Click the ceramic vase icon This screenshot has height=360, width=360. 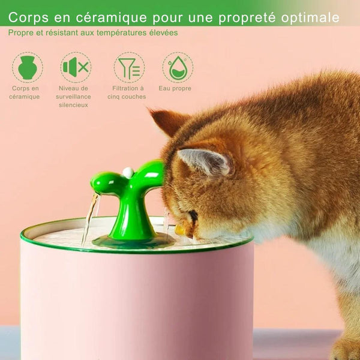pyautogui.click(x=27, y=67)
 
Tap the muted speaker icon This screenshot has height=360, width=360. pyautogui.click(x=76, y=67)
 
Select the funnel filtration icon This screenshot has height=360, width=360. pyautogui.click(x=129, y=67)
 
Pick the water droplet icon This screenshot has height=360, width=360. pyautogui.click(x=178, y=67)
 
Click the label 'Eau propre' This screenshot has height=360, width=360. pyautogui.click(x=175, y=88)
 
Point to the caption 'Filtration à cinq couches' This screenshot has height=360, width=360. pyautogui.click(x=127, y=92)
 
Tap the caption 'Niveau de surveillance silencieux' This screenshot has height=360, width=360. pyautogui.click(x=73, y=97)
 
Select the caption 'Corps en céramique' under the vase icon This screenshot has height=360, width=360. pyautogui.click(x=25, y=92)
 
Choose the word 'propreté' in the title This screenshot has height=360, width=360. pyautogui.click(x=230, y=17)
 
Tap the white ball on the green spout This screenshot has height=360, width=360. pyautogui.click(x=127, y=173)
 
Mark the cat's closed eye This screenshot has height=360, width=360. pyautogui.click(x=193, y=215)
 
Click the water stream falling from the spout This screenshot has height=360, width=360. pyautogui.click(x=89, y=216)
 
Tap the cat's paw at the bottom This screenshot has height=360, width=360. pyautogui.click(x=346, y=348)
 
